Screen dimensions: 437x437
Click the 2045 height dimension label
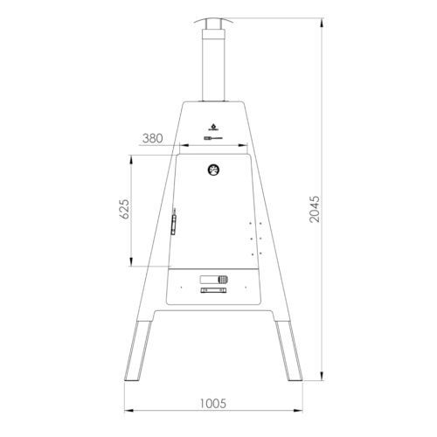tap(315, 209)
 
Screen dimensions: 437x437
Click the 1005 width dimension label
tap(213, 404)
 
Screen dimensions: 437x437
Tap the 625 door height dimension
tap(124, 209)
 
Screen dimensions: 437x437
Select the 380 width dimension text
tap(153, 138)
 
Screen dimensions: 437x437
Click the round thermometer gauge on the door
tap(213, 170)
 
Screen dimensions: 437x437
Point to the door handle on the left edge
tap(174, 221)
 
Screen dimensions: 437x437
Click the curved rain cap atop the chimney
tap(213, 21)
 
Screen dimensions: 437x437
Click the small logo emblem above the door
tap(213, 128)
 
